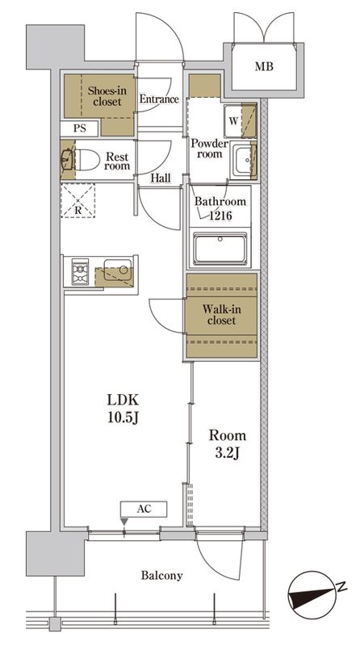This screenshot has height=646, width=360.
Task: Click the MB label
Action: click(x=264, y=66)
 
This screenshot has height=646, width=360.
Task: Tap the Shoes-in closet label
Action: click(x=107, y=95)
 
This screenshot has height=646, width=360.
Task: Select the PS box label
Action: click(x=80, y=128)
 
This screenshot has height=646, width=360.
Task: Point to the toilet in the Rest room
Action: click(x=86, y=159)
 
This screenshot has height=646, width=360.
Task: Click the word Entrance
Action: click(x=159, y=99)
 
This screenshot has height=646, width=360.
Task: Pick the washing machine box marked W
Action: click(x=233, y=121)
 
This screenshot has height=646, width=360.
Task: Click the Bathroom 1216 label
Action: click(x=220, y=208)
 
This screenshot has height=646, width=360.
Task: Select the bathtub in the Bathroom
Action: click(x=220, y=249)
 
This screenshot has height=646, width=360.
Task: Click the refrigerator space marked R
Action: click(x=77, y=200)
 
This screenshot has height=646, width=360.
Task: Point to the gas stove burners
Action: click(x=81, y=272)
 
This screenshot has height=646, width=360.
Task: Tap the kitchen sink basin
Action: click(x=118, y=271)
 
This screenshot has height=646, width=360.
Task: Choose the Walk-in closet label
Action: click(x=222, y=315)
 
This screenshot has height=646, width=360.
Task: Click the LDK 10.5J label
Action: click(x=123, y=409)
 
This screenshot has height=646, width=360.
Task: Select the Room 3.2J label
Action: click(x=228, y=444)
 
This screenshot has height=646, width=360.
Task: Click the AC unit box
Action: click(x=144, y=509)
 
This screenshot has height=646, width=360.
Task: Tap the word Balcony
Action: click(x=161, y=575)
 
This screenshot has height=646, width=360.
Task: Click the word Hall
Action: click(x=161, y=178)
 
